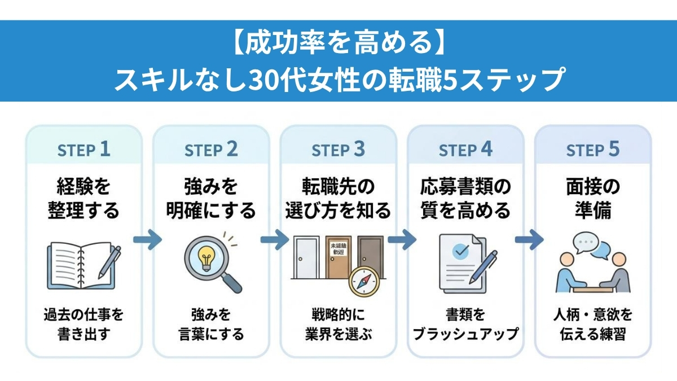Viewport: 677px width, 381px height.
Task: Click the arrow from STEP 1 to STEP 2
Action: (x=147, y=239)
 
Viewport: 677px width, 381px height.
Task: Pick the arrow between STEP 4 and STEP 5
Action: (x=529, y=239)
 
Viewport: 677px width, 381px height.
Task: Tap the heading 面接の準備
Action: (x=593, y=198)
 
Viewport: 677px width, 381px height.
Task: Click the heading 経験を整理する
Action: (x=84, y=198)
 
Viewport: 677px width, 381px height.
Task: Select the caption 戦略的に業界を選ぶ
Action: (x=338, y=324)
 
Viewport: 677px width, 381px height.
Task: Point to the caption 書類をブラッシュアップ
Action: (x=465, y=324)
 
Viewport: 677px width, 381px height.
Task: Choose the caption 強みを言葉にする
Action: (x=211, y=324)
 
